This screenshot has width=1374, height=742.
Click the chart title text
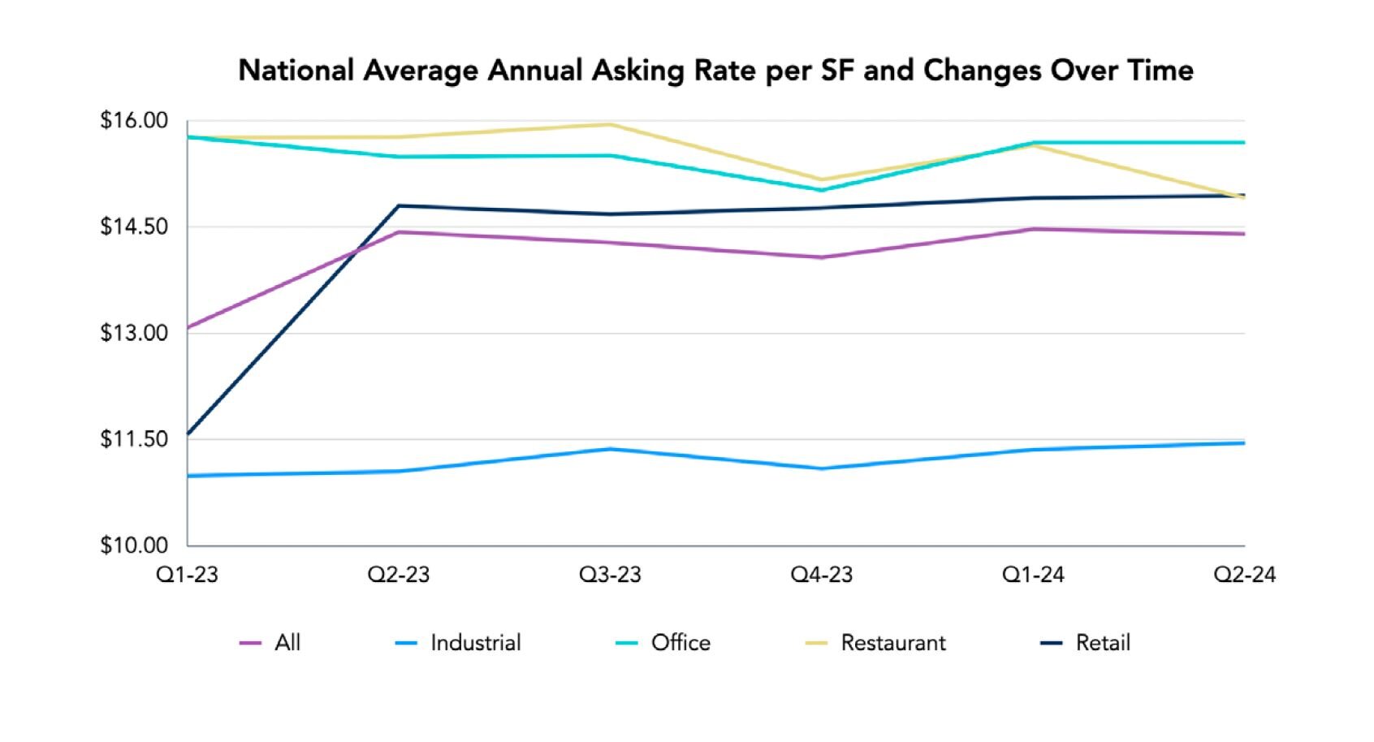coord(715,71)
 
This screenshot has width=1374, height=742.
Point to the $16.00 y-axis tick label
coord(134,121)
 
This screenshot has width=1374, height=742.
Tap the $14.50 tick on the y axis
coord(134,226)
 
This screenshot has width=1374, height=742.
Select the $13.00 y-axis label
coord(134,333)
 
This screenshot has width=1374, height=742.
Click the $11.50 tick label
coord(134,439)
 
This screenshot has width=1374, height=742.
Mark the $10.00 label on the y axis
coord(134,546)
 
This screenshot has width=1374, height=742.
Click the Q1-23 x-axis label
coord(188,575)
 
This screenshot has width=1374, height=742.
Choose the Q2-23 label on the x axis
coord(399,575)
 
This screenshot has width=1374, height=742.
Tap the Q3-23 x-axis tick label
coord(610,575)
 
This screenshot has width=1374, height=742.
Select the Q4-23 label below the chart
coord(822,575)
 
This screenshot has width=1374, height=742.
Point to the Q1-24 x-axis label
coord(1033,575)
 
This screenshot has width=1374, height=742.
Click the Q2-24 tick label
coord(1244,575)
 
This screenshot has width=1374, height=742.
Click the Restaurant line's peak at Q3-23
coord(610,124)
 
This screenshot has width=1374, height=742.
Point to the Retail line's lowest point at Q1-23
coord(188,434)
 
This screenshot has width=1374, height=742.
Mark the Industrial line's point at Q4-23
coord(822,468)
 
